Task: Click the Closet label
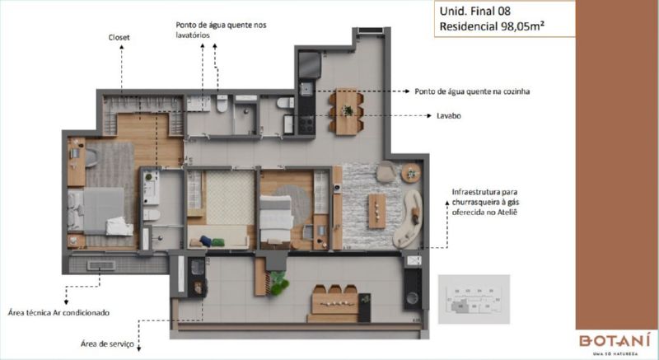[119, 37]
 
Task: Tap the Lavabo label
[448, 115]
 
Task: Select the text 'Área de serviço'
[107, 344]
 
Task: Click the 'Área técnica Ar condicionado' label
[58, 312]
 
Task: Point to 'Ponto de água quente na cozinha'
[472, 91]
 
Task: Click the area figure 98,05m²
[522, 26]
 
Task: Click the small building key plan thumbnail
[474, 299]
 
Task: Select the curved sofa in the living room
[408, 219]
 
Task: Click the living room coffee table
[376, 211]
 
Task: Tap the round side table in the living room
[410, 173]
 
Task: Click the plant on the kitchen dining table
[347, 110]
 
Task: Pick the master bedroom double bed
[100, 211]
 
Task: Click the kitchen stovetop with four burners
[306, 124]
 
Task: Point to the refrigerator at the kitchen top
[310, 64]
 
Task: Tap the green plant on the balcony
[278, 283]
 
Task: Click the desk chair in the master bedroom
[92, 158]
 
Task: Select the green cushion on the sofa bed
[218, 242]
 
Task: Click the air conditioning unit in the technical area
[100, 265]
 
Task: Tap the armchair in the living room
[386, 171]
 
